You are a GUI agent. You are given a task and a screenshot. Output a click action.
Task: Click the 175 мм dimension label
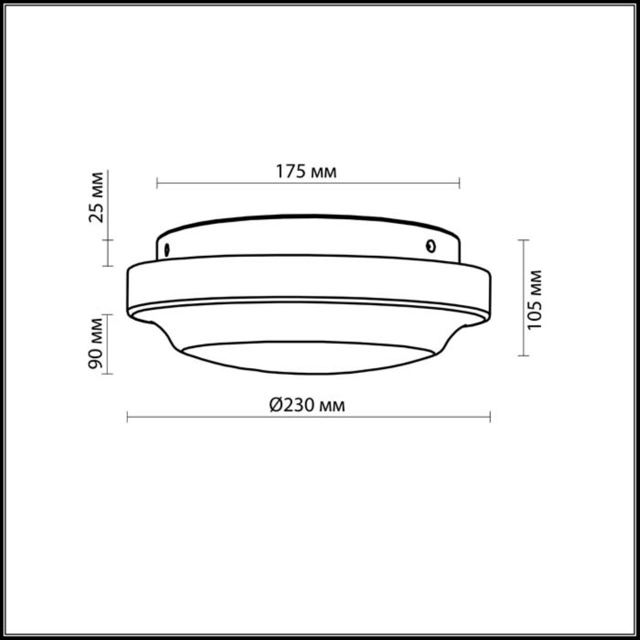pyautogui.click(x=306, y=171)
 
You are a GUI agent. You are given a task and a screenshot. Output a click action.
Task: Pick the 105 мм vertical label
pyautogui.click(x=534, y=299)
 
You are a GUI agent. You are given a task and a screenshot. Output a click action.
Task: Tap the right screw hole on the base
pyautogui.click(x=430, y=245)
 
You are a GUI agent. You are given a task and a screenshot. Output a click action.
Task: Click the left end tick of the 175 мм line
pyautogui.click(x=157, y=183)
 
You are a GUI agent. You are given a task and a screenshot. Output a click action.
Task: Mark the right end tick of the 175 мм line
pyautogui.click(x=459, y=183)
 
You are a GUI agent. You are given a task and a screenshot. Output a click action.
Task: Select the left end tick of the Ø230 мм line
pyautogui.click(x=127, y=416)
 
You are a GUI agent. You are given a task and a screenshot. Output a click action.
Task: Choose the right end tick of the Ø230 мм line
pyautogui.click(x=490, y=416)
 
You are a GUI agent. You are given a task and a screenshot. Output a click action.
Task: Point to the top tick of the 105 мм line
pyautogui.click(x=523, y=240)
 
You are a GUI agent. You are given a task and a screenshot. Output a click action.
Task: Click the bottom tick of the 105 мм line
pyautogui.click(x=523, y=355)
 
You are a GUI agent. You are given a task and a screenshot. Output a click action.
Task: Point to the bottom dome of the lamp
pyautogui.click(x=307, y=358)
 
